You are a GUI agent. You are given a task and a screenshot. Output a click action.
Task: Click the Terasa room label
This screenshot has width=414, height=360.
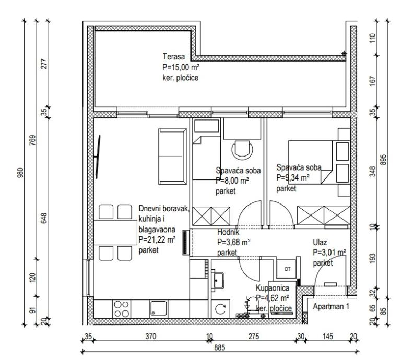(x=174, y=57)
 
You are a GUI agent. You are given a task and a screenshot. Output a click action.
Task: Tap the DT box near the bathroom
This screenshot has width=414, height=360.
(x=287, y=269)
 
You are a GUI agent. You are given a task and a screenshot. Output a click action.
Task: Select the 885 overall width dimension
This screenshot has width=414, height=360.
(x=219, y=348)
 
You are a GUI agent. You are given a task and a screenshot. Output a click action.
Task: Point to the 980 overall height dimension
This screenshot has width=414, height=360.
(x=20, y=173)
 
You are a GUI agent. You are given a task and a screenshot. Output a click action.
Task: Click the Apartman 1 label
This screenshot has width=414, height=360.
(x=331, y=306)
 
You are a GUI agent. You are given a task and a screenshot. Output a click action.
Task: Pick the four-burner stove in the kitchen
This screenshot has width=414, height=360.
(x=122, y=308)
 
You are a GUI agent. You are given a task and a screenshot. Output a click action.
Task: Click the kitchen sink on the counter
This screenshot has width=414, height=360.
(x=158, y=308)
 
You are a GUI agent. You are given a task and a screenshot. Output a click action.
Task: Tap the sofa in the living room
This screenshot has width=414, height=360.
(x=173, y=156)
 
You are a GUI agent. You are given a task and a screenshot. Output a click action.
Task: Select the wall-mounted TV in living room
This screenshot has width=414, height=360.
(x=98, y=157)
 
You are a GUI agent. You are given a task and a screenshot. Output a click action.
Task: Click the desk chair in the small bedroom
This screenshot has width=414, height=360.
(x=242, y=149)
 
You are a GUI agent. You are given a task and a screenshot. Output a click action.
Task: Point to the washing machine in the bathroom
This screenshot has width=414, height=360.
(x=220, y=308)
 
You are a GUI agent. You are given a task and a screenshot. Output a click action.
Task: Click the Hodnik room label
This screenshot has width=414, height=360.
(x=228, y=232)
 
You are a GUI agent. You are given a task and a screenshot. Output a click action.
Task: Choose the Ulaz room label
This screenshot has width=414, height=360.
(x=320, y=242)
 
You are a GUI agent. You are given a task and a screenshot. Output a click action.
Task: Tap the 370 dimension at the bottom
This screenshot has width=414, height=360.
(x=151, y=337)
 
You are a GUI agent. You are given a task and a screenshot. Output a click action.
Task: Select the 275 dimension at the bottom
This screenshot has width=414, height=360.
(x=254, y=337)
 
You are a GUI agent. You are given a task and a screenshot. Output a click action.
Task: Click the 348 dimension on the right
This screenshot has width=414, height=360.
(x=372, y=172)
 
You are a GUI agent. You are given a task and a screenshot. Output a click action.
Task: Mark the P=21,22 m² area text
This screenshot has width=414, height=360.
(x=157, y=240)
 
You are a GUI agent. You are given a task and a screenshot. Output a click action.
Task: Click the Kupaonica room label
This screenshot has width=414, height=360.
(x=273, y=287)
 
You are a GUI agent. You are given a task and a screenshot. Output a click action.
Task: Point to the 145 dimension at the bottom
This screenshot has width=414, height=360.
(x=327, y=337)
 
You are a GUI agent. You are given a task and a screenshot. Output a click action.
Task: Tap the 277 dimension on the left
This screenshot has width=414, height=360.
(x=44, y=64)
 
